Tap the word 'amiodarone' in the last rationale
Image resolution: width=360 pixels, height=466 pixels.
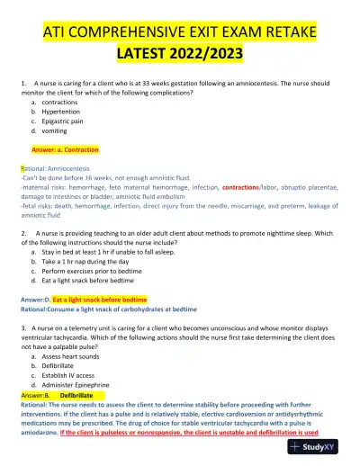(41, 433)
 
